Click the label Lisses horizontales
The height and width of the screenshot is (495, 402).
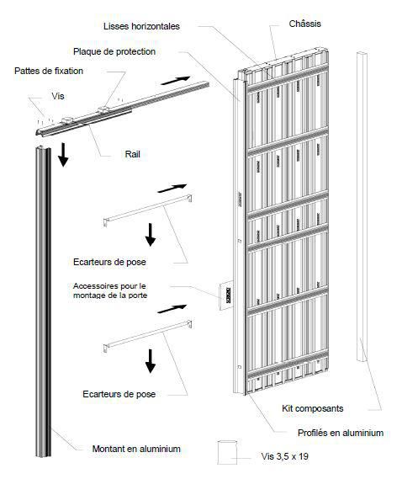[x=141, y=26]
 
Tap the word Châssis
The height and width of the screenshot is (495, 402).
[x=305, y=24]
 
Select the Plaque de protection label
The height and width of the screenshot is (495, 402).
[x=114, y=51]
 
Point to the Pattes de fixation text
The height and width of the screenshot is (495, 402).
[x=49, y=71]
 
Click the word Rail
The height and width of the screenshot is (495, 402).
[x=132, y=154]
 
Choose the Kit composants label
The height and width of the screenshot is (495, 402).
[x=313, y=408]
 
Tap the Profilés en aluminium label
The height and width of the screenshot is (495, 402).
[x=341, y=433]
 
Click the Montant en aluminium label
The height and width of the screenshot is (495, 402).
[x=136, y=449]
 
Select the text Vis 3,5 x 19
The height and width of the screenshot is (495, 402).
[x=285, y=456]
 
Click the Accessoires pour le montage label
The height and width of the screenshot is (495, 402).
[x=110, y=290]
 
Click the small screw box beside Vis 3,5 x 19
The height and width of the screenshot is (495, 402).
[x=227, y=452]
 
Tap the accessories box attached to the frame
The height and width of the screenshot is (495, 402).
[x=226, y=295]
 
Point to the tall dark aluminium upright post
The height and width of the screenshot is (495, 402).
[x=44, y=301]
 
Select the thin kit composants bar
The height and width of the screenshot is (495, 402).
[x=362, y=206]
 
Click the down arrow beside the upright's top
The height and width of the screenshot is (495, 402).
[x=63, y=154]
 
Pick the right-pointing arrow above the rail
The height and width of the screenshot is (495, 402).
[x=175, y=81]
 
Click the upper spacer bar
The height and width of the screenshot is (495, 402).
[x=147, y=210]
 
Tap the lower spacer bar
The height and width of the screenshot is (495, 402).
[x=147, y=336]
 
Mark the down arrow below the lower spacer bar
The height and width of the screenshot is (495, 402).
[x=151, y=361]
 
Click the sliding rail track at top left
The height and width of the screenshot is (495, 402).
[x=122, y=109]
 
